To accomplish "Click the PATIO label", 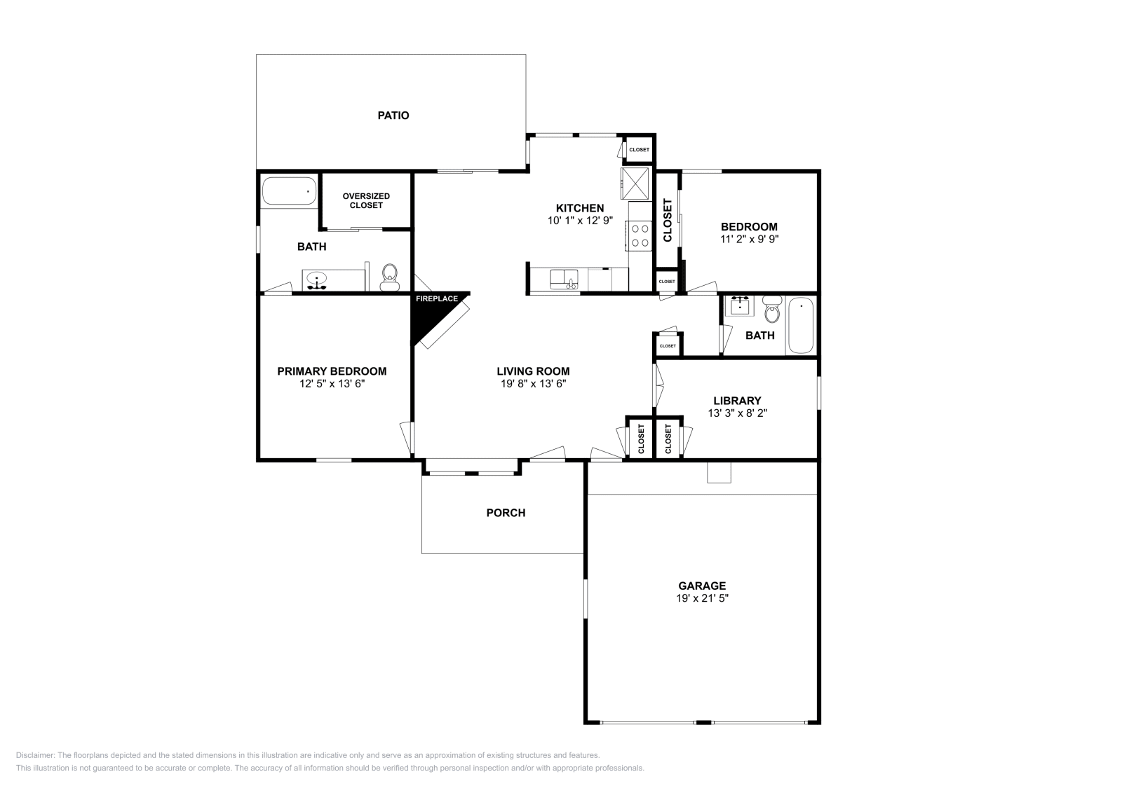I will click(393, 116).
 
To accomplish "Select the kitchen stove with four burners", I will click(640, 235).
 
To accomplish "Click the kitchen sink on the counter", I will click(563, 280).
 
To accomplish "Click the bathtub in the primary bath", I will click(289, 191).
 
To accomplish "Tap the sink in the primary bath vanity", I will click(317, 281).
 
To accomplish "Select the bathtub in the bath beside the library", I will click(800, 326).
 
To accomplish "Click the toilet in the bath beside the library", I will click(772, 310).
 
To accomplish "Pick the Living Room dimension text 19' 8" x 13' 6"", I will click(532, 384).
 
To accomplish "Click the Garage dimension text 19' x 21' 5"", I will click(701, 599).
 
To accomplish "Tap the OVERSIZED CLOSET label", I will click(366, 201).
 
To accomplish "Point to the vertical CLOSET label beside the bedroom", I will click(667, 220).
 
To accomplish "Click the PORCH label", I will click(506, 513).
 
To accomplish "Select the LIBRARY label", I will click(737, 401).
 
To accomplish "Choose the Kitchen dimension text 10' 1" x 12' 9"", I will click(580, 220).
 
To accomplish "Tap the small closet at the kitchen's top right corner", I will click(639, 149).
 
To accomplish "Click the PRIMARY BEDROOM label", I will click(332, 371).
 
